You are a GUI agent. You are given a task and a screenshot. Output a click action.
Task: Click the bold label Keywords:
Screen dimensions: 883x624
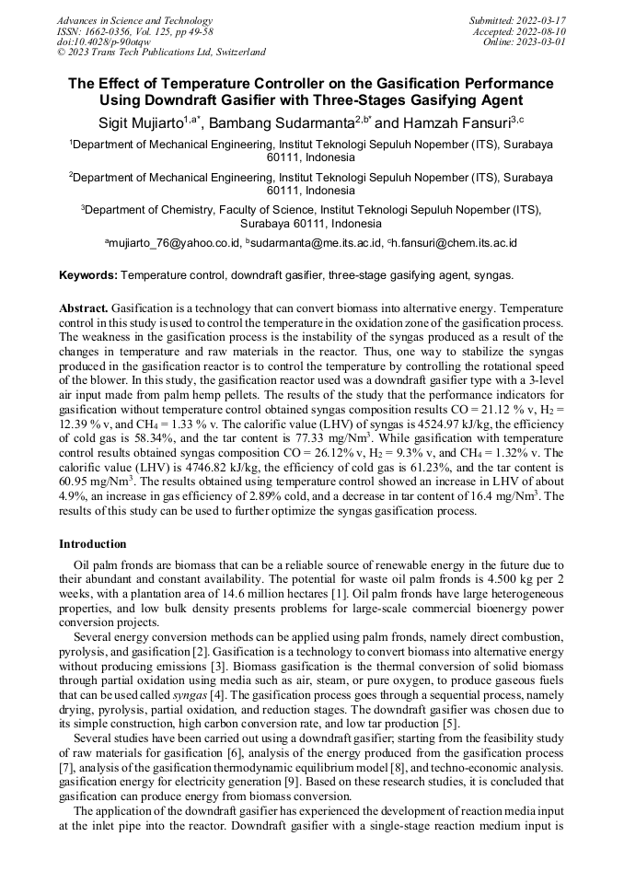[x=88, y=275]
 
